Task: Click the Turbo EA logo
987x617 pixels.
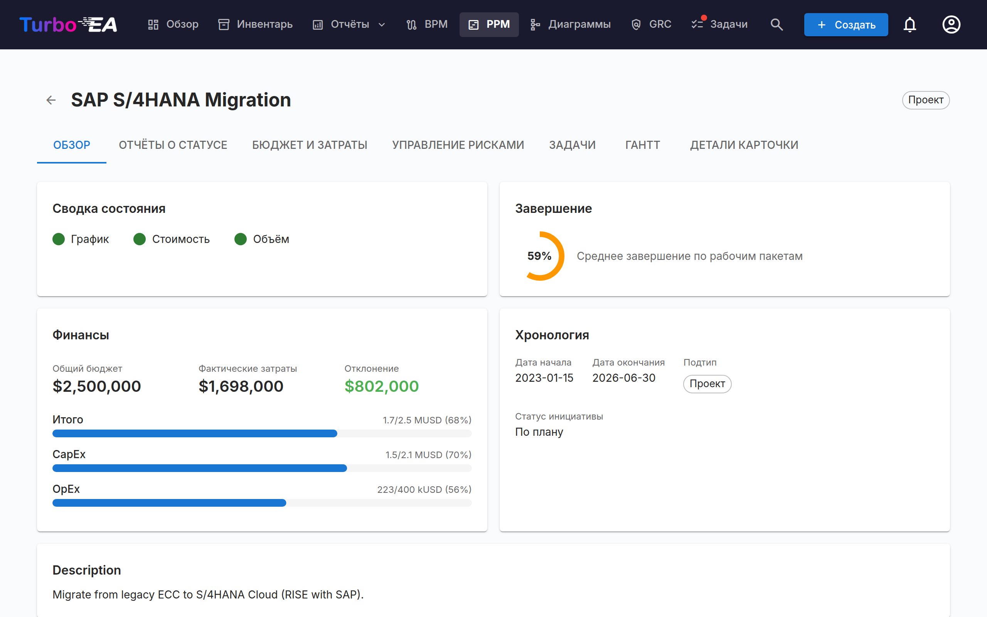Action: pos(68,24)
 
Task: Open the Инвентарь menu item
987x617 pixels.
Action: pos(255,24)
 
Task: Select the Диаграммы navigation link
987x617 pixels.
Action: pos(570,24)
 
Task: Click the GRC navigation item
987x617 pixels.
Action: pos(651,24)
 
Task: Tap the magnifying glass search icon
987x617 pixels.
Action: pos(776,24)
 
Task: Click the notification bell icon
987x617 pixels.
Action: pos(910,24)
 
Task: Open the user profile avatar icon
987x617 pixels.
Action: pos(951,24)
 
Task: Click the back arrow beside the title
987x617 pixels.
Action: pos(51,100)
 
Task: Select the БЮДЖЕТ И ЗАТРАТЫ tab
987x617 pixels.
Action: pos(310,145)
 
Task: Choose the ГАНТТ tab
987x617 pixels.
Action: pos(643,145)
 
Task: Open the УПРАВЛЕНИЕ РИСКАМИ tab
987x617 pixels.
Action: pos(458,145)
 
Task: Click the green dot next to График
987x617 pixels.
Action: pos(59,239)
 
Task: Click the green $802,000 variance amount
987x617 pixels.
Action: pos(382,386)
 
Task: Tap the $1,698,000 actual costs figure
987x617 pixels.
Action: pos(241,386)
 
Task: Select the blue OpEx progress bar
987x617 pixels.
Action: pos(169,503)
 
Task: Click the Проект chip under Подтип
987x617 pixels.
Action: pos(707,384)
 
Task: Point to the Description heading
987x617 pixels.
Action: pos(87,570)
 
